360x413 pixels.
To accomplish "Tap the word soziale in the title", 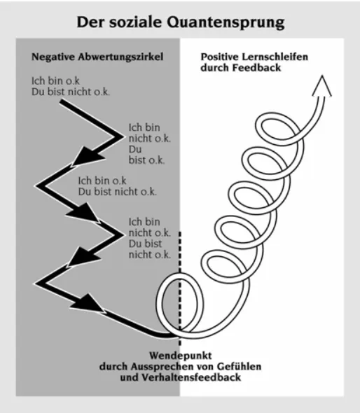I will [148, 22].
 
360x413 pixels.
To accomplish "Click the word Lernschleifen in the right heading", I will [265, 55].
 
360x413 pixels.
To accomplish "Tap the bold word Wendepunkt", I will [181, 354].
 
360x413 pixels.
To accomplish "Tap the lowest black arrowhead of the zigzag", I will [86, 302].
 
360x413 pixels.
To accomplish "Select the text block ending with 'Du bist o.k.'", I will [148, 143].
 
